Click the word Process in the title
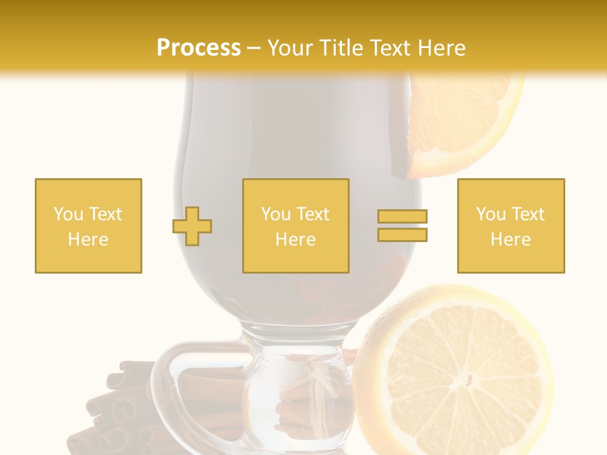click(x=199, y=48)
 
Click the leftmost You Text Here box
click(x=89, y=226)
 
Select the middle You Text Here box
click(x=296, y=226)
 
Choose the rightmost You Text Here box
click(x=511, y=226)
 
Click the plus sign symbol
click(x=192, y=226)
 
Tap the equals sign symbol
click(x=402, y=226)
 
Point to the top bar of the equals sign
click(x=402, y=216)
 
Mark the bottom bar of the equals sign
click(x=402, y=235)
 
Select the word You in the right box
click(x=490, y=214)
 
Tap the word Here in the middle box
click(x=296, y=240)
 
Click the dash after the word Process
click(x=254, y=49)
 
